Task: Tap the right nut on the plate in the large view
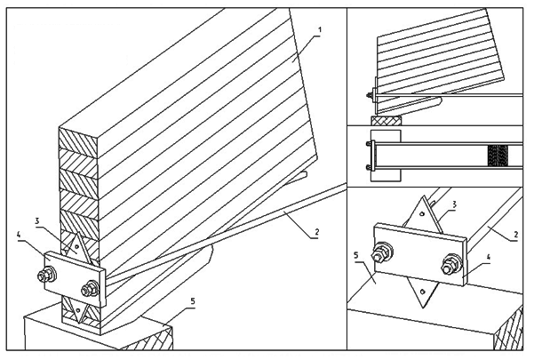pyautogui.click(x=90, y=288)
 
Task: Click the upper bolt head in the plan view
pyautogui.click(x=367, y=142)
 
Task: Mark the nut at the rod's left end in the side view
pyautogui.click(x=368, y=92)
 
